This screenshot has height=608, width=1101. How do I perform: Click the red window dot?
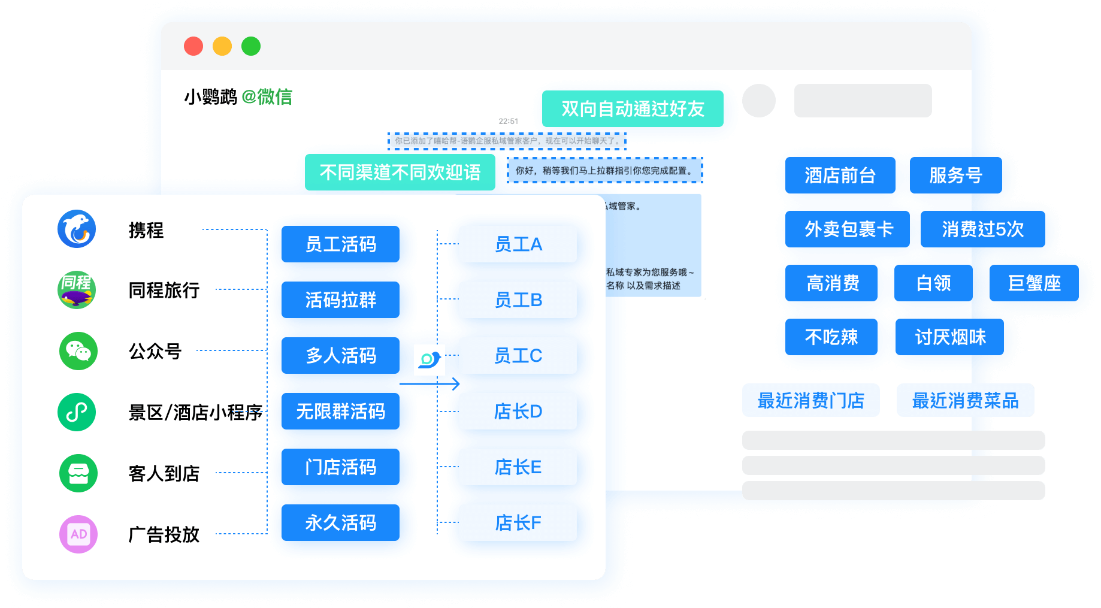(193, 46)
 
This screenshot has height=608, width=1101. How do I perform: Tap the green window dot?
(251, 46)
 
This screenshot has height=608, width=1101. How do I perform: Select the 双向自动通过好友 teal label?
(633, 108)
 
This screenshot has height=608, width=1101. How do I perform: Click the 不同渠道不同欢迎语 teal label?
(400, 173)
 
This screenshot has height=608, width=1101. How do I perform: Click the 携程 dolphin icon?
(77, 229)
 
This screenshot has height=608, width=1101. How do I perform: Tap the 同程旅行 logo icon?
(77, 290)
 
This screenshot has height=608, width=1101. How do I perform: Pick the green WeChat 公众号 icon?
(78, 351)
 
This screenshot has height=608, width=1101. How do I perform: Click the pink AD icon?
(78, 534)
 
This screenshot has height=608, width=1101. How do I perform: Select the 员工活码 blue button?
(340, 244)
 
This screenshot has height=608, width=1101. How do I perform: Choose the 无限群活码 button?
(340, 411)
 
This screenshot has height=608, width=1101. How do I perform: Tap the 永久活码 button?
(340, 522)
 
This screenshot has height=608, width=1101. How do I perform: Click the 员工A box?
(518, 244)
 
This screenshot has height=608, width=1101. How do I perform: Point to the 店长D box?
(518, 411)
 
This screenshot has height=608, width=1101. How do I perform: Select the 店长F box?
(518, 522)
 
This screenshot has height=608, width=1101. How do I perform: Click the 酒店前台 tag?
(840, 175)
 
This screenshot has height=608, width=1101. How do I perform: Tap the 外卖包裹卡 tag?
(847, 229)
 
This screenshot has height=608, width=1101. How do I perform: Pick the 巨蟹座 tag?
(1034, 283)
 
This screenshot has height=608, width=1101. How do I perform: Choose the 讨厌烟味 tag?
(950, 337)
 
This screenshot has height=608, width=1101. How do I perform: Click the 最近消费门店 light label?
(810, 400)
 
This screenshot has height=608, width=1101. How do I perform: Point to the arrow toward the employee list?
(430, 383)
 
